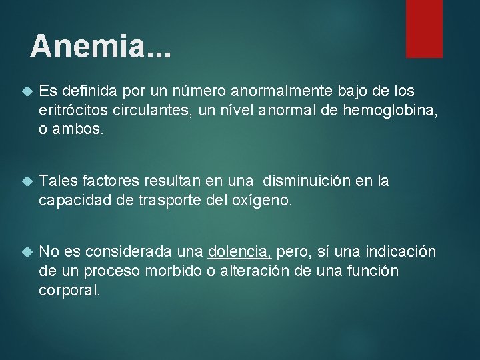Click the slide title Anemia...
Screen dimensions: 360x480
click(x=100, y=46)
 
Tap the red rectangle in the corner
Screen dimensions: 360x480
click(x=424, y=28)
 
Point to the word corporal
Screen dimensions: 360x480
click(x=69, y=290)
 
